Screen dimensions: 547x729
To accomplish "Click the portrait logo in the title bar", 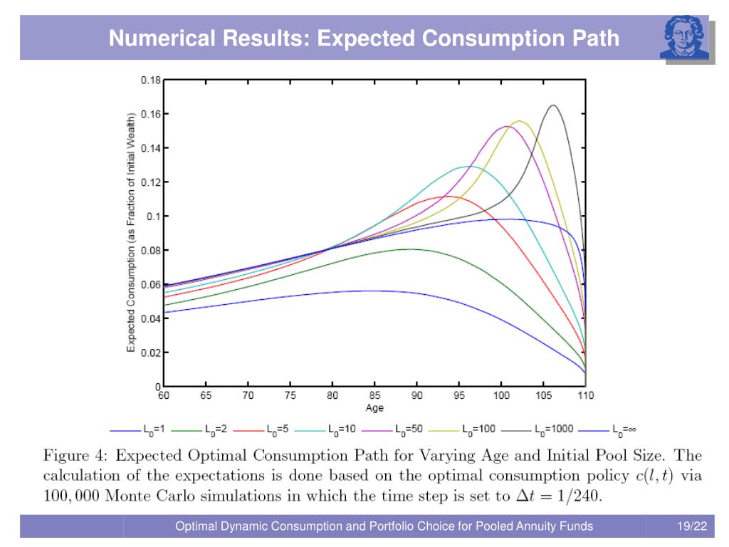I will [x=684, y=38].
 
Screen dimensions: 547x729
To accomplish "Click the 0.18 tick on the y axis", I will [x=150, y=80].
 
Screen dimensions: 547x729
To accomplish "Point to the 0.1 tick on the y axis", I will [x=154, y=217].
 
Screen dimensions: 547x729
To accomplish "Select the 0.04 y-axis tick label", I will [x=150, y=318].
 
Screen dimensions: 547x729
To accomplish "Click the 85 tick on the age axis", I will [x=374, y=395].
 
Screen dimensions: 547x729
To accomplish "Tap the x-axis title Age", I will [x=374, y=408].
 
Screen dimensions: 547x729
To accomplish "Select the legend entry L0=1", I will [x=154, y=430].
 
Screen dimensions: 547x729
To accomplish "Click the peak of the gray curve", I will [x=552, y=105].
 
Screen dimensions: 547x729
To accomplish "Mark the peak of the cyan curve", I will [x=467, y=166].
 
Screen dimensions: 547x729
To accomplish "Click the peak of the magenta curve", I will [x=506, y=126].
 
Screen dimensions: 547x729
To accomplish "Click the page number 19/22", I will [x=692, y=527].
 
